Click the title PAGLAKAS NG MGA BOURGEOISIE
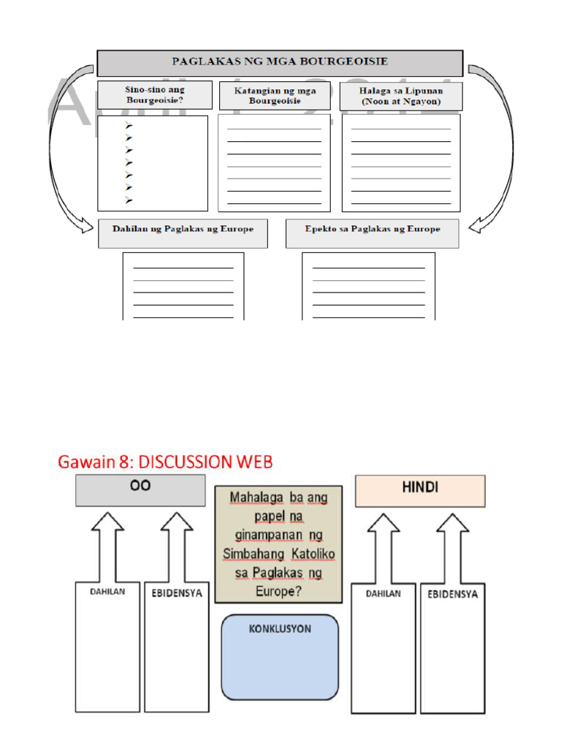(280, 62)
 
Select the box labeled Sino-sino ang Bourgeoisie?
(155, 95)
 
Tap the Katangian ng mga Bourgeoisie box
(275, 96)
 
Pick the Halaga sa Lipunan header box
(401, 96)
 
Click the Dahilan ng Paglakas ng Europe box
(183, 230)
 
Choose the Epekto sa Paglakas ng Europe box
(373, 230)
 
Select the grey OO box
(140, 490)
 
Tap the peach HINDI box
(420, 491)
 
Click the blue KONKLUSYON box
(280, 657)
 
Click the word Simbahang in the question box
(256, 554)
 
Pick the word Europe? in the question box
(278, 591)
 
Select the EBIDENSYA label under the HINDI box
(453, 594)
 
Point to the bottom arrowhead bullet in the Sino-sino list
(129, 200)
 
